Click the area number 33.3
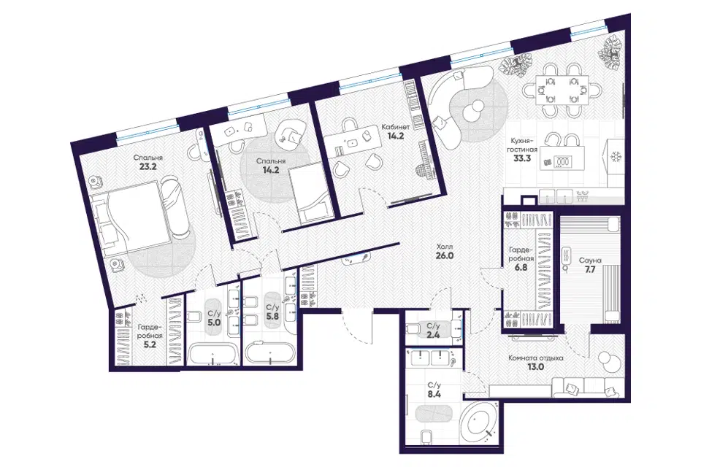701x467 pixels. coord(522,158)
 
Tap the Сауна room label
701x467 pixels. coord(590,260)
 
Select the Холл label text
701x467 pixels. coord(445,247)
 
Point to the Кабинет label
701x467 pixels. coord(396,127)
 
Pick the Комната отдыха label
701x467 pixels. coord(535,358)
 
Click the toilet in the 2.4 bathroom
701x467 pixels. coord(413,329)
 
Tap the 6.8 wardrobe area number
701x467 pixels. coord(521,268)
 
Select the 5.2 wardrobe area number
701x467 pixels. coord(150,344)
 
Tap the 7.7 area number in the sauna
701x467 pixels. coord(590,269)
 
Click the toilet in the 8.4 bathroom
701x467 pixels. coord(426,436)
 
